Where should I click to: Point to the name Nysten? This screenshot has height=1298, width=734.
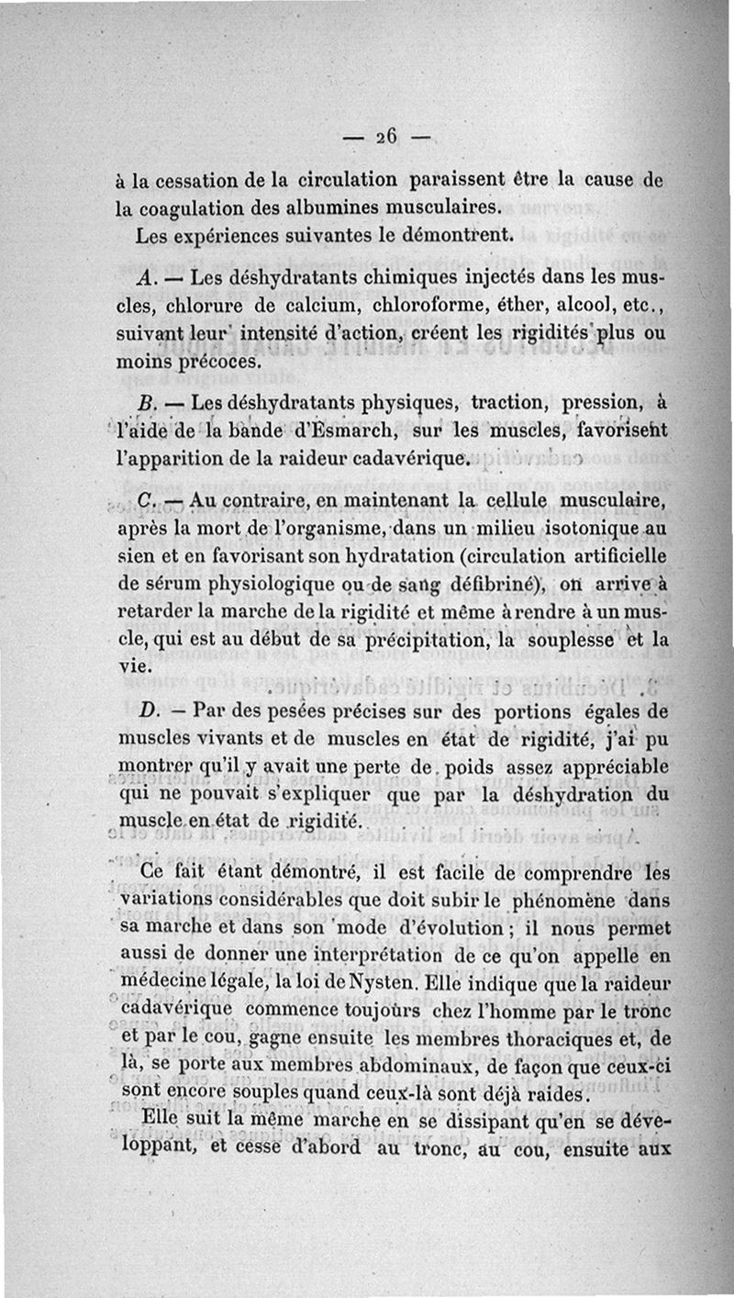(395, 984)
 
